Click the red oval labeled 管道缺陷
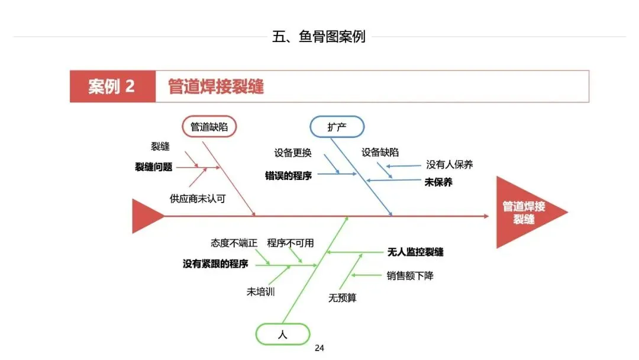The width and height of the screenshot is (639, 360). (209, 127)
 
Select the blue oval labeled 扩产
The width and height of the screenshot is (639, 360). (337, 127)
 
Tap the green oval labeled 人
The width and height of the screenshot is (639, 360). (282, 334)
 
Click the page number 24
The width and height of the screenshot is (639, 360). (319, 348)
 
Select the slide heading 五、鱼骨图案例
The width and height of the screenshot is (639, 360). (319, 37)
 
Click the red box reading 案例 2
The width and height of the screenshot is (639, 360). (112, 86)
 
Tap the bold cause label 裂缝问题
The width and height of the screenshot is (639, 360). (154, 168)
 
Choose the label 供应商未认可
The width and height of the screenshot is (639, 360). (198, 199)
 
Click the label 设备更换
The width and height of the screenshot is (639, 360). (292, 153)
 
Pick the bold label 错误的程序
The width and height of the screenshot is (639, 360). (289, 176)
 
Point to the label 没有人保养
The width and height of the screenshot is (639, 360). (450, 165)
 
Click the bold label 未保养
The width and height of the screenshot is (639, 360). (438, 182)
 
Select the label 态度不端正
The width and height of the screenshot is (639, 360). (234, 243)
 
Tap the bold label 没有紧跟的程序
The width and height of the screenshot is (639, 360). (215, 264)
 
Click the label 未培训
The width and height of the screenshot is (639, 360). (261, 292)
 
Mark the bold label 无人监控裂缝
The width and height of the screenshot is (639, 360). (415, 252)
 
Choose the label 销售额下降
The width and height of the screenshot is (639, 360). (410, 276)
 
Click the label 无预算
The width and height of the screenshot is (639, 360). (343, 298)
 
